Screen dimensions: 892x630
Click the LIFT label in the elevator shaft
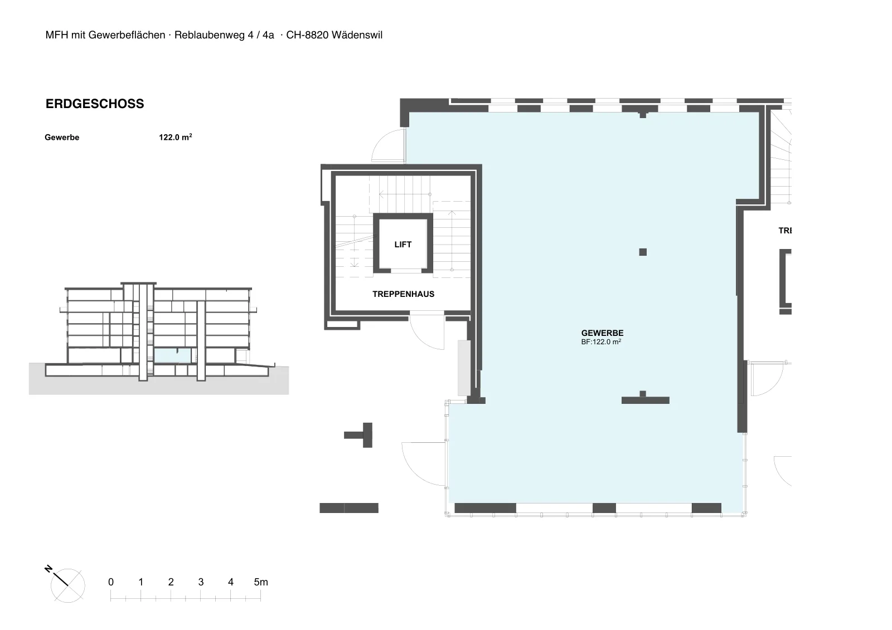(x=403, y=245)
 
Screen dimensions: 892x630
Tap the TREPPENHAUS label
(x=404, y=294)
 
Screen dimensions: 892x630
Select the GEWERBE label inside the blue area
(x=602, y=333)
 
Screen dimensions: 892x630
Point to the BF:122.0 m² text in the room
(x=601, y=342)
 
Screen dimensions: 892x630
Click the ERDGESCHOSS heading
(x=95, y=104)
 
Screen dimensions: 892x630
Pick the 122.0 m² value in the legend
(x=176, y=137)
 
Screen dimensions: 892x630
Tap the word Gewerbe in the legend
(x=62, y=137)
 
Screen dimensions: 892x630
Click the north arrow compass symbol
(x=66, y=583)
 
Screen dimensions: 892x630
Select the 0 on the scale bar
(x=111, y=582)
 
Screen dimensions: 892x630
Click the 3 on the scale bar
(x=201, y=582)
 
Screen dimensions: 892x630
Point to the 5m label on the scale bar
(x=261, y=582)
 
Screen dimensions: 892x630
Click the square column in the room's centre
(x=643, y=252)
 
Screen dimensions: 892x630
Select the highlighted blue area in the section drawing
(x=172, y=355)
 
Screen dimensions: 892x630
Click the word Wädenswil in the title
(x=357, y=35)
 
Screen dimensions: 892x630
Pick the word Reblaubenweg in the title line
(x=210, y=35)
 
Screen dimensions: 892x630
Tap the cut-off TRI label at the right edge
(x=785, y=231)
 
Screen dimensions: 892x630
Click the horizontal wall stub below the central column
(x=645, y=400)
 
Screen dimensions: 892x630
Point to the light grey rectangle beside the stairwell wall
(x=464, y=368)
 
